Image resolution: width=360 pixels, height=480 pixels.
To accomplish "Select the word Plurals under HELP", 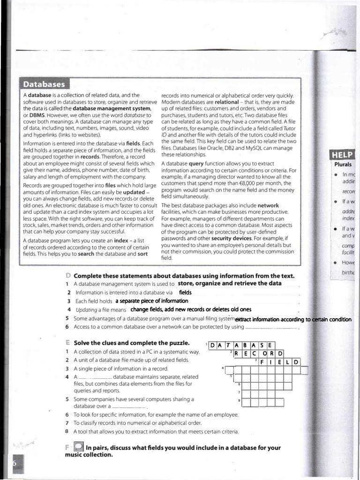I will point(343,165).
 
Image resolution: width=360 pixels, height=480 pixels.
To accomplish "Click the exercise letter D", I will point(68,275).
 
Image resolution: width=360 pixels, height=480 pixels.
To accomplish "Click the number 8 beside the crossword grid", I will point(240,401).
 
